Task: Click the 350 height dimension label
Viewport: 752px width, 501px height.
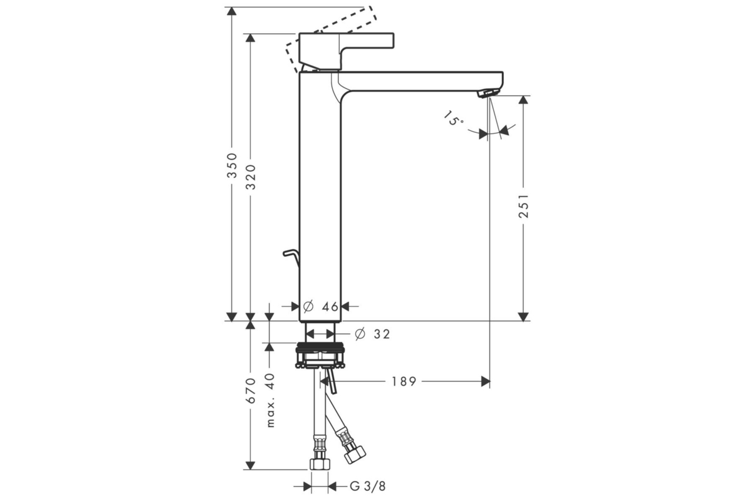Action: [x=232, y=165]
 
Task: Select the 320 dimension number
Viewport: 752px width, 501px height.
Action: [x=251, y=177]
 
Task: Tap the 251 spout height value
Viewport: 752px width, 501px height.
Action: [x=524, y=205]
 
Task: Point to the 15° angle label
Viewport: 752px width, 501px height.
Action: [x=454, y=118]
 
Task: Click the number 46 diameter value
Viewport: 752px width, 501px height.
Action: [x=330, y=307]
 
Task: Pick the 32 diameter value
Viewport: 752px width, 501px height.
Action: [x=382, y=334]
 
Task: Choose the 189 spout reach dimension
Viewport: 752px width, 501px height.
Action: [x=404, y=381]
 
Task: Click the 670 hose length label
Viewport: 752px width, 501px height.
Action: [x=251, y=391]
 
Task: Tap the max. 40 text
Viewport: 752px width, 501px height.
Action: [x=270, y=400]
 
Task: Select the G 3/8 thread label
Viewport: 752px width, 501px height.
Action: [x=368, y=486]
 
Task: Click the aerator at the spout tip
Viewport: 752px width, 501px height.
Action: [x=488, y=93]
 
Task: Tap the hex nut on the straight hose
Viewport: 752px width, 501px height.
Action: [x=320, y=464]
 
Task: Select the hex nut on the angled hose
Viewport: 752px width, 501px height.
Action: [x=355, y=454]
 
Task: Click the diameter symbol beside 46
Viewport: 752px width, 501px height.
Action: [x=308, y=306]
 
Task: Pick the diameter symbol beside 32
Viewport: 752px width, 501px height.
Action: [x=360, y=334]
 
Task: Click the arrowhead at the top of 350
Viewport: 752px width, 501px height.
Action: [x=232, y=11]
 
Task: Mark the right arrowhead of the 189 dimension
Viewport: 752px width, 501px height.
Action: [x=486, y=381]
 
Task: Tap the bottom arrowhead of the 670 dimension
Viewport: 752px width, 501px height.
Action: [x=250, y=465]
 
